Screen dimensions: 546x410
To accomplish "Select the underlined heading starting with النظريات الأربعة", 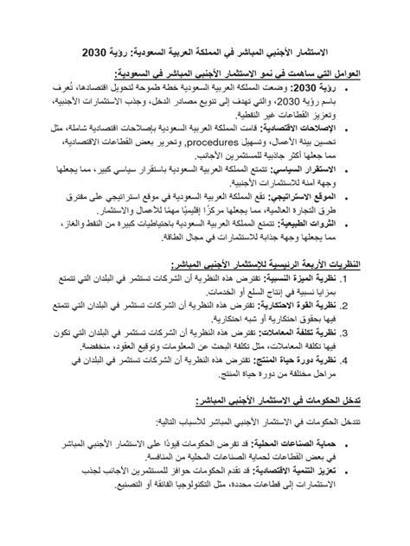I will coord(272,263).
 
